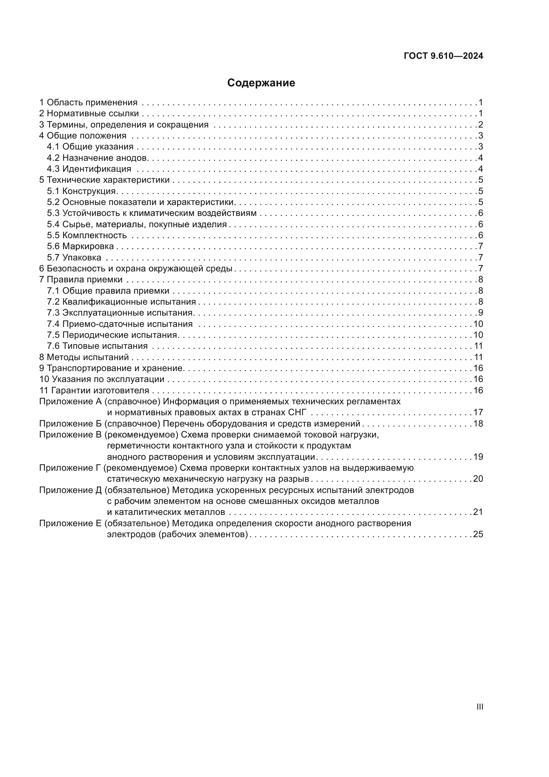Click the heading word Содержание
[261, 83]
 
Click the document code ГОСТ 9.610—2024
[443, 56]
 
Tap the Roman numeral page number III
[479, 707]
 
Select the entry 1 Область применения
[88, 103]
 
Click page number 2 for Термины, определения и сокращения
[480, 125]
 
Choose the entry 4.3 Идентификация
[89, 169]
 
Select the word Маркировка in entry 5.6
[88, 246]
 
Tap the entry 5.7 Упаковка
[74, 257]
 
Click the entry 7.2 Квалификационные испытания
[121, 302]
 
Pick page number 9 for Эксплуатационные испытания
[480, 313]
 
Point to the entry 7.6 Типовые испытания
[97, 346]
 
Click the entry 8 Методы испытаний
[84, 357]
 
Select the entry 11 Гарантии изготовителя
[94, 390]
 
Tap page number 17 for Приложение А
[478, 412]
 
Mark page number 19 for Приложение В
[478, 456]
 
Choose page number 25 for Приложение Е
[478, 534]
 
